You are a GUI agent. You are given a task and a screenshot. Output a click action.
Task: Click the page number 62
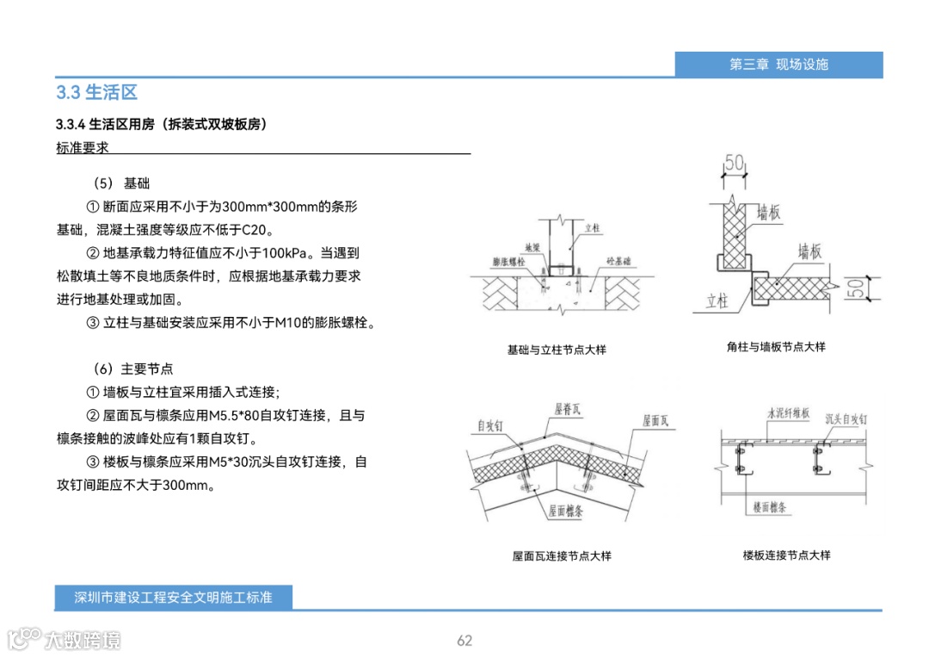464,641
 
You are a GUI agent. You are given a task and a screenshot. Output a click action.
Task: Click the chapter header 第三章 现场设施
778,65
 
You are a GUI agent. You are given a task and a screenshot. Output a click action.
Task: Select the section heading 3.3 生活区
97,92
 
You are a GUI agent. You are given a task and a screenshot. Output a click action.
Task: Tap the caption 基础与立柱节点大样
557,350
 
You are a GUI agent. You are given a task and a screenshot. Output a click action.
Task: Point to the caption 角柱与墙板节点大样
776,346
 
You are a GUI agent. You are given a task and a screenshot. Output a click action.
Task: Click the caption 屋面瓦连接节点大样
562,556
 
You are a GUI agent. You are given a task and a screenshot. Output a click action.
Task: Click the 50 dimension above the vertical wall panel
734,162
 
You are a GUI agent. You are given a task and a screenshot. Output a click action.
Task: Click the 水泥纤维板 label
788,413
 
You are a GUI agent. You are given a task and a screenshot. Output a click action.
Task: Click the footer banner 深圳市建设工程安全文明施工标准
173,597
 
